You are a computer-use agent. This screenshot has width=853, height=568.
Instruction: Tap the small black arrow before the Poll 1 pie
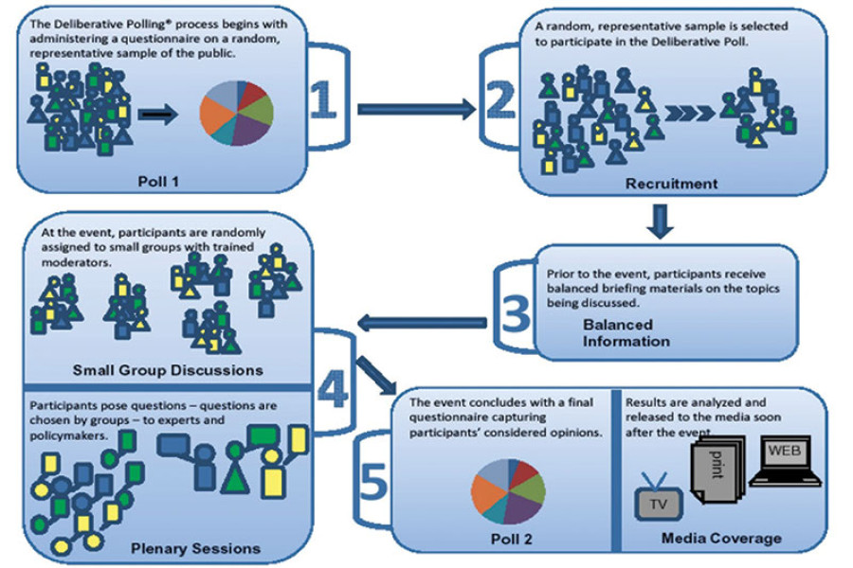[x=157, y=118]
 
